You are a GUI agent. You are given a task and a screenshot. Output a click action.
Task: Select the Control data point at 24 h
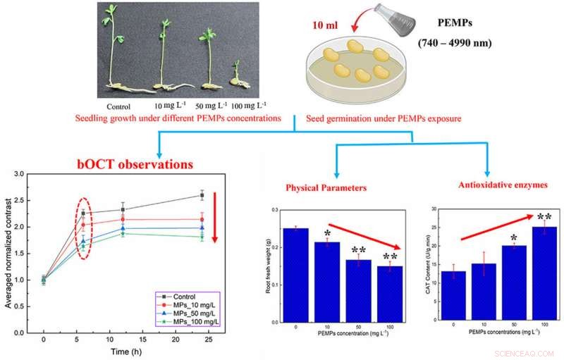tap(203, 196)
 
